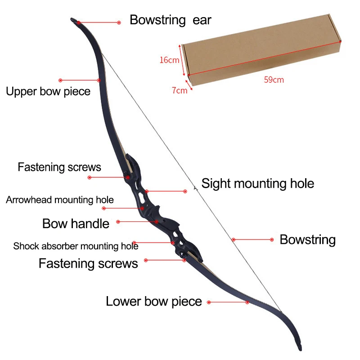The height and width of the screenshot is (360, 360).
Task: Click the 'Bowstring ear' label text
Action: click(x=170, y=20)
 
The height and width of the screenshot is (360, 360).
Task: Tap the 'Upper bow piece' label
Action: click(x=48, y=92)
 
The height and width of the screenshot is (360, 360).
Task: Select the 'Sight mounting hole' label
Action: click(x=257, y=184)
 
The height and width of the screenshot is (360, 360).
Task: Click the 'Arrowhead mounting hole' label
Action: click(x=60, y=200)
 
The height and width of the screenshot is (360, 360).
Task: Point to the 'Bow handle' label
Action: click(x=76, y=223)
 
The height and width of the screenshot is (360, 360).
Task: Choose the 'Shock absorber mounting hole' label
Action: click(x=76, y=246)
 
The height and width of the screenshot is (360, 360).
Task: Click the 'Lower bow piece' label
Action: click(x=154, y=301)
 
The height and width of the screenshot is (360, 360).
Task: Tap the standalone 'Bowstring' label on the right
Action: click(x=308, y=240)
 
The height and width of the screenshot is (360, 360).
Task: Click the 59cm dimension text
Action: click(x=274, y=80)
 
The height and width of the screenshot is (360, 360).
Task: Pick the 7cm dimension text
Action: click(x=180, y=90)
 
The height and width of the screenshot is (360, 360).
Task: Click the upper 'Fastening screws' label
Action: click(x=59, y=167)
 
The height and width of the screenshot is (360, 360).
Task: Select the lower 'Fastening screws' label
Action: click(x=88, y=263)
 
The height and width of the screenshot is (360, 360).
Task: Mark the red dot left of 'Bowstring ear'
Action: click(x=119, y=22)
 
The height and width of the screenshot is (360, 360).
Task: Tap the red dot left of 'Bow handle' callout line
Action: click(x=118, y=221)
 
